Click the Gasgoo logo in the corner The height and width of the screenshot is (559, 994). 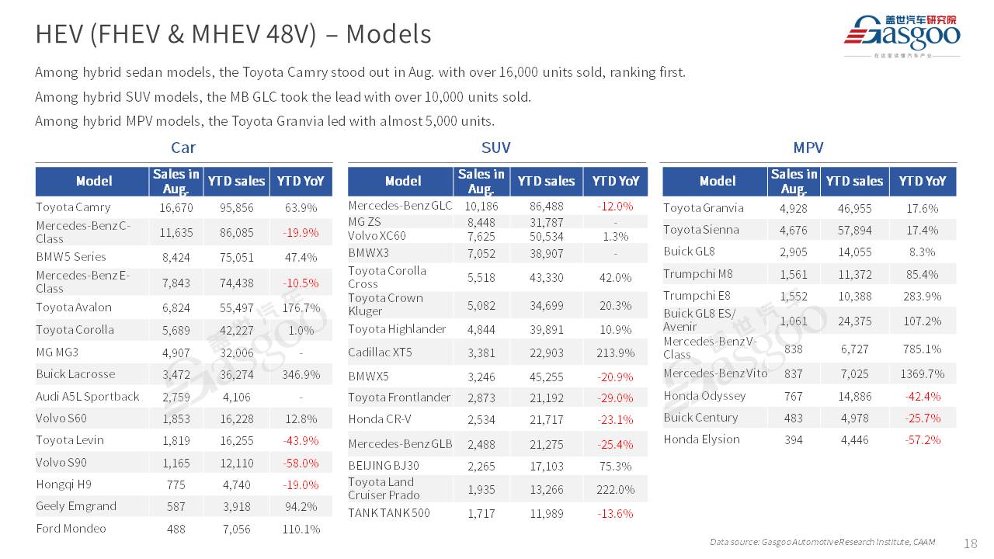(x=902, y=35)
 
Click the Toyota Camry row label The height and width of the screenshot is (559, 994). (x=73, y=207)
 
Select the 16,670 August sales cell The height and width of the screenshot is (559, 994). (x=176, y=208)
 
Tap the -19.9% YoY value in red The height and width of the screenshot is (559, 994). (x=301, y=232)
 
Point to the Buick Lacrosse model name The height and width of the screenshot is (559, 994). (x=75, y=374)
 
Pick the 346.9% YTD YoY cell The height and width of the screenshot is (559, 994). (x=301, y=375)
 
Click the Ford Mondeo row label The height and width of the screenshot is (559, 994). (x=71, y=529)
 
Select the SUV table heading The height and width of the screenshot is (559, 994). (x=495, y=148)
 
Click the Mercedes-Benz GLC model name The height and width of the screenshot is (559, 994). (x=400, y=206)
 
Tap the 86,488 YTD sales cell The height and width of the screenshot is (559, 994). (x=546, y=207)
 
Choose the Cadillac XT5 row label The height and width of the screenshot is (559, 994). (x=380, y=352)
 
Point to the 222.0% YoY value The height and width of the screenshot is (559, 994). (x=616, y=489)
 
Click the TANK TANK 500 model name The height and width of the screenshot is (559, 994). (x=388, y=513)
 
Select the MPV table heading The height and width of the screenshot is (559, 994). (x=808, y=148)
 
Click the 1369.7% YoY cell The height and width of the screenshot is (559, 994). (x=923, y=374)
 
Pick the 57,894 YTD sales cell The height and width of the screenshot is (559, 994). (x=854, y=231)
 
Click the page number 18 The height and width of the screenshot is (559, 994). (x=970, y=543)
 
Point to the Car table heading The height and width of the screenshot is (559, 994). (x=183, y=148)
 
